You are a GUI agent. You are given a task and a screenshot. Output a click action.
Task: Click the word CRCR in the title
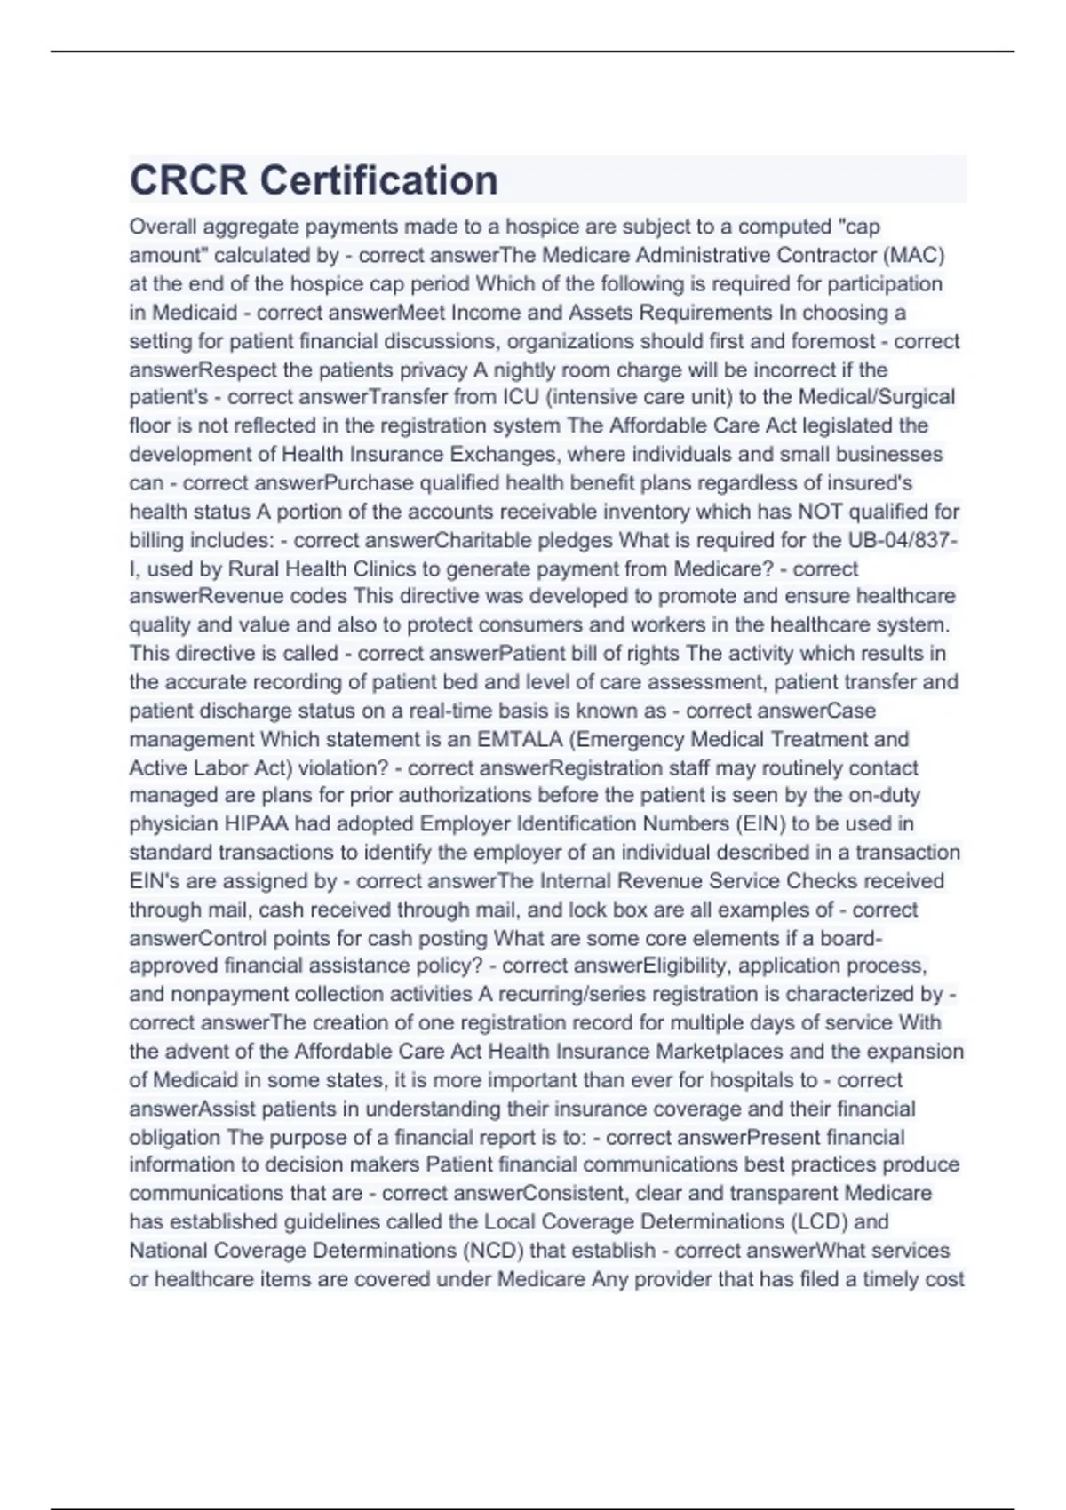tap(188, 180)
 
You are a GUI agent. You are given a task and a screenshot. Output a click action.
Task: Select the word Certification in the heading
tap(378, 180)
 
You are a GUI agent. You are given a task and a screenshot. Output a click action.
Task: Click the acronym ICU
tap(520, 397)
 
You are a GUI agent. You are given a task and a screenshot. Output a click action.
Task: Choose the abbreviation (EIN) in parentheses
tap(761, 824)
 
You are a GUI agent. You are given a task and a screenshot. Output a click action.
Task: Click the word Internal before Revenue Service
tap(571, 881)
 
